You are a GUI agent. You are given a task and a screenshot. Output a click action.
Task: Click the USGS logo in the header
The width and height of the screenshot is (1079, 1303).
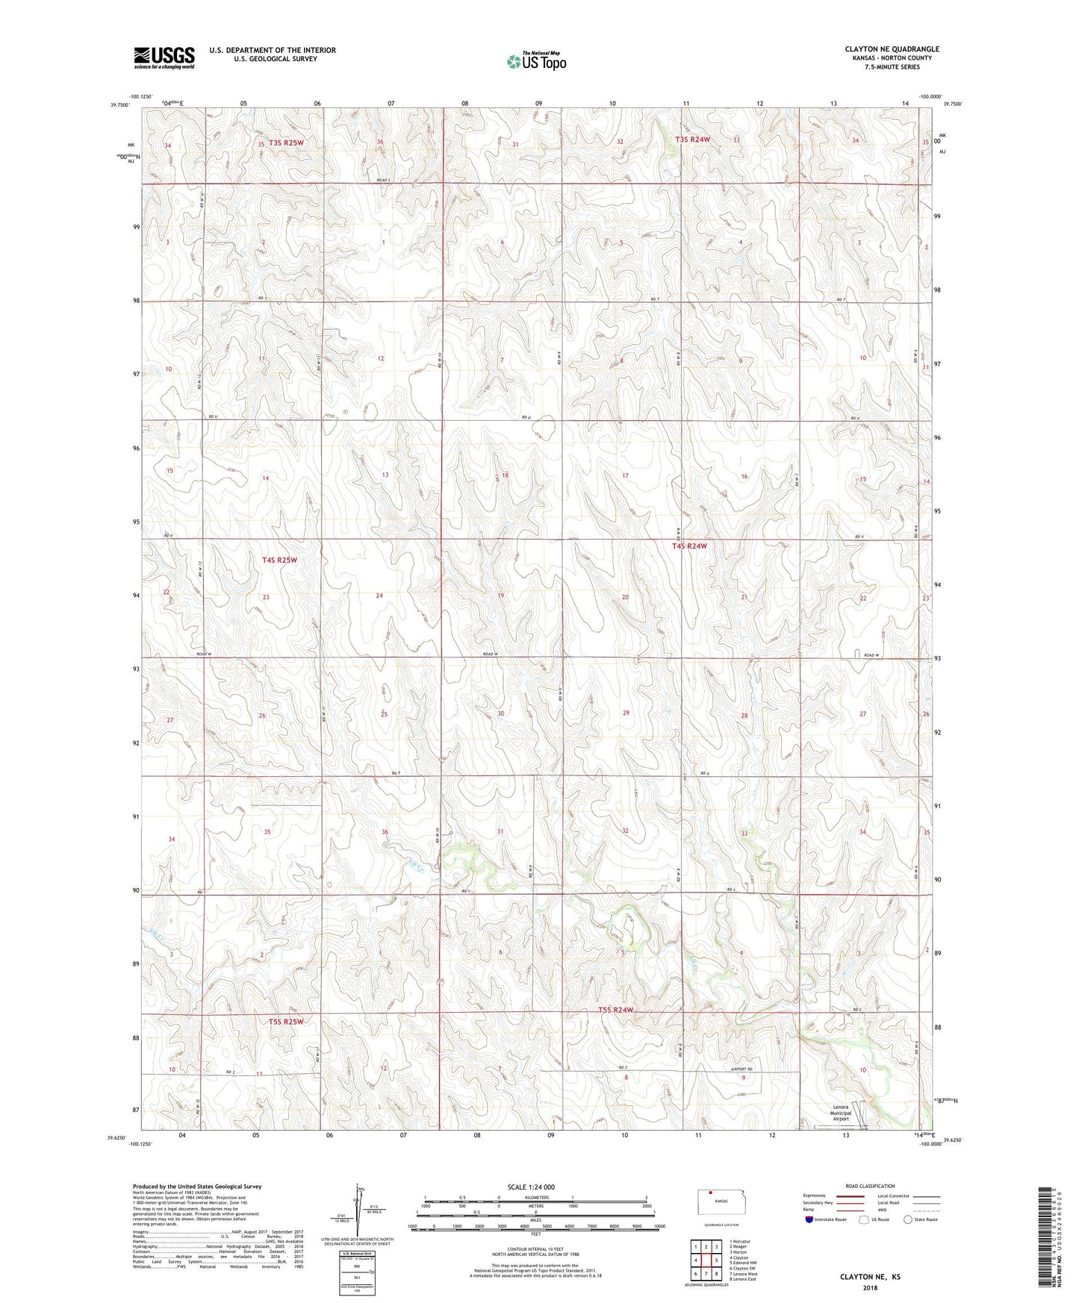(x=164, y=57)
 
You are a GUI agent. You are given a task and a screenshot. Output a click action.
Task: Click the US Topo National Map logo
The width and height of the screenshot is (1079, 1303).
(x=535, y=61)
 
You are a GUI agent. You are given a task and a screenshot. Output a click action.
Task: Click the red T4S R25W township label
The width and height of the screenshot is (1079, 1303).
(x=279, y=560)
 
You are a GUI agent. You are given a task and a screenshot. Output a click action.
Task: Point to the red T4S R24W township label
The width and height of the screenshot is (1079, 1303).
(x=688, y=546)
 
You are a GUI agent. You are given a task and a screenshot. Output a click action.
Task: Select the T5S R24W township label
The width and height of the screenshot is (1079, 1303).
(x=615, y=1010)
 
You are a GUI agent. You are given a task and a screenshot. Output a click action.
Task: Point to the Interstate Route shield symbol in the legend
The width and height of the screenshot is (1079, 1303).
(x=809, y=1219)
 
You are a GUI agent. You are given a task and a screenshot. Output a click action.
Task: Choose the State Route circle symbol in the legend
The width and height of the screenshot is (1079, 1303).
(x=907, y=1219)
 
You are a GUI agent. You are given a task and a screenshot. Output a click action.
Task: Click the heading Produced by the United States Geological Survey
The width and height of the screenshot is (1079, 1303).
(x=196, y=1186)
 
